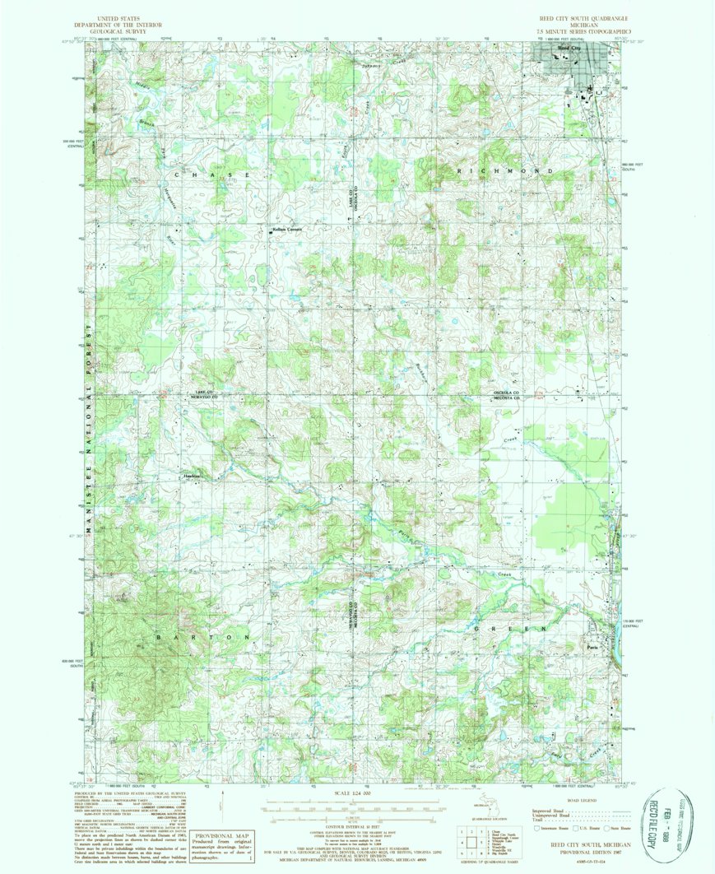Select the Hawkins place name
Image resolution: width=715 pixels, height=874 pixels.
192,477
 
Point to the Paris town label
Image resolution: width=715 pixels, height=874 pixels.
590,646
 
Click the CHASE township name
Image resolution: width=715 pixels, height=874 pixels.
211,175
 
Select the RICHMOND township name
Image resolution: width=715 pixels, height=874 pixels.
513,170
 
